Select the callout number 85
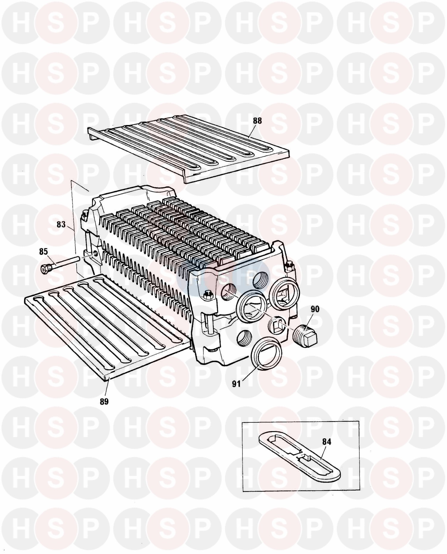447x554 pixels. pyautogui.click(x=43, y=252)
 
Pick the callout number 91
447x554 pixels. pyautogui.click(x=237, y=384)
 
